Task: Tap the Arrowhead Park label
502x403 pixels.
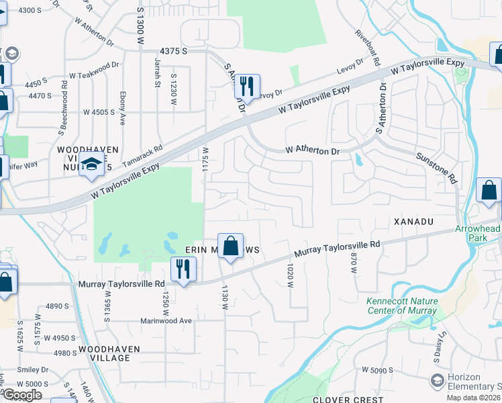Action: pyautogui.click(x=477, y=233)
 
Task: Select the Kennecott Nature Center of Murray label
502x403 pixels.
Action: pyautogui.click(x=401, y=306)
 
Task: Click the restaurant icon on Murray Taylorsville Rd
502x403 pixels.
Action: pyautogui.click(x=183, y=269)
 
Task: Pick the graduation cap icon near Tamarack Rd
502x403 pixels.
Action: pyautogui.click(x=91, y=164)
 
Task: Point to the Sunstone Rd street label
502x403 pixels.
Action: pyautogui.click(x=436, y=168)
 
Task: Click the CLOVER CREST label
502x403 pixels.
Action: pyautogui.click(x=356, y=399)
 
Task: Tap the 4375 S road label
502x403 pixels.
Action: pyautogui.click(x=173, y=51)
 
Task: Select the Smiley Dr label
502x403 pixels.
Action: pyautogui.click(x=35, y=369)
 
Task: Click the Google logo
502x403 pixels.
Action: pyautogui.click(x=22, y=395)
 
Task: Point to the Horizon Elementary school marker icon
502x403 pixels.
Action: pyautogui.click(x=438, y=382)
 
